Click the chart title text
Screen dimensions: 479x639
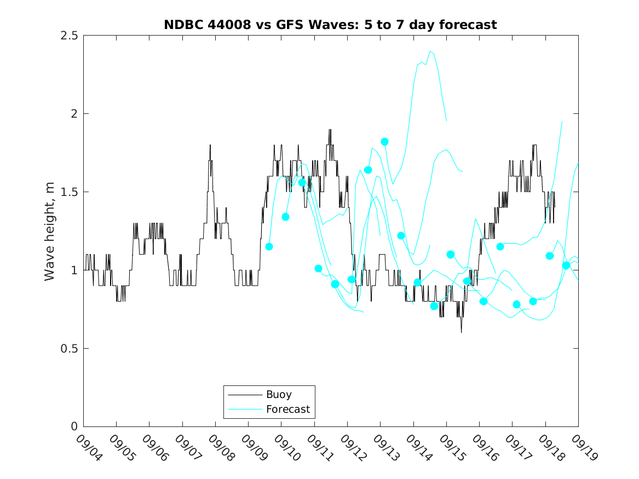click(x=330, y=25)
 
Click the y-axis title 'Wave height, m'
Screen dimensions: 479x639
click(x=50, y=231)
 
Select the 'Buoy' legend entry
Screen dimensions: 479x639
click(x=279, y=394)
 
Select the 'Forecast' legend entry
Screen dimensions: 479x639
click(x=287, y=409)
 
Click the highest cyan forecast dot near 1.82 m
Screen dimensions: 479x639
click(x=385, y=142)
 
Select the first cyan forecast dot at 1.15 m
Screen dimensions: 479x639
click(x=269, y=246)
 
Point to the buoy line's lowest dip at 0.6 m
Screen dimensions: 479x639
click(x=461, y=332)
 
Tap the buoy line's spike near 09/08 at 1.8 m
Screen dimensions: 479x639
click(x=210, y=145)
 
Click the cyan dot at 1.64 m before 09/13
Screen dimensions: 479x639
click(x=368, y=170)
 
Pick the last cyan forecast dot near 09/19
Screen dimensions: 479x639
click(x=566, y=266)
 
